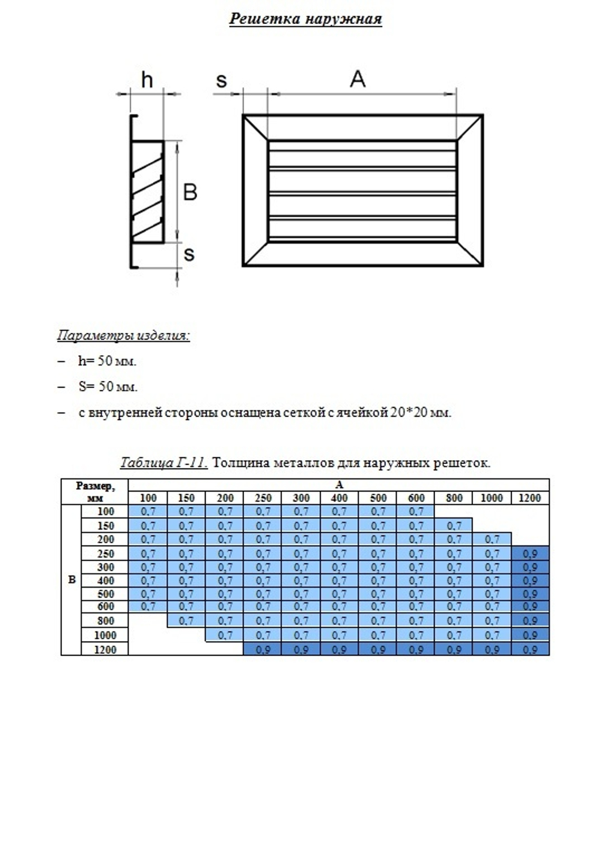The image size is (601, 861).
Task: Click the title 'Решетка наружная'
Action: (305, 19)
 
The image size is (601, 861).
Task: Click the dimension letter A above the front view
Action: (358, 79)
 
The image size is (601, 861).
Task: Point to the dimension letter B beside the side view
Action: (190, 192)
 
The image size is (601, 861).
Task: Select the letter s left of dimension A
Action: (221, 80)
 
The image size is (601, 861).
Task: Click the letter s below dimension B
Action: (189, 254)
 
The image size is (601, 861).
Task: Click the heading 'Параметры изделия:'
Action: (123, 335)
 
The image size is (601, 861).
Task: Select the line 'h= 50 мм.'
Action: (107, 361)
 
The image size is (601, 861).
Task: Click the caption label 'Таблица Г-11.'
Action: (163, 463)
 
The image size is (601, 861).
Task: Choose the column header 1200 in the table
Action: (529, 498)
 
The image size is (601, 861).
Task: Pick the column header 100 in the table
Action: (148, 498)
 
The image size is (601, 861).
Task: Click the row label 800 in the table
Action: (105, 621)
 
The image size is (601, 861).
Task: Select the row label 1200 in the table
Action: (105, 650)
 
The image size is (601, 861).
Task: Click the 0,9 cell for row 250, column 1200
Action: (529, 553)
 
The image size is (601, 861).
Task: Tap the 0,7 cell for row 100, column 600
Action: (416, 511)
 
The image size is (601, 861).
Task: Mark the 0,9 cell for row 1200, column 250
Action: (263, 650)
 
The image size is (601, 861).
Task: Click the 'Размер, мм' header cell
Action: (95, 491)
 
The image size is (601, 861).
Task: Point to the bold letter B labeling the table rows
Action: (72, 580)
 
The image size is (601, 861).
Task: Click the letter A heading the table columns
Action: (339, 485)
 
